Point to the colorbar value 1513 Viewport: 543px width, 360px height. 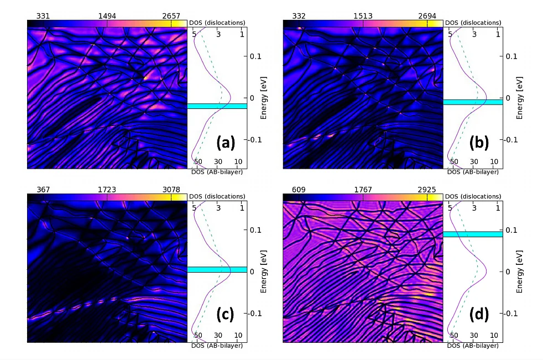[x=363, y=16]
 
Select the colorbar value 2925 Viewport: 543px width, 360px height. [x=427, y=189]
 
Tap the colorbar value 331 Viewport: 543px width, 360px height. [x=44, y=16]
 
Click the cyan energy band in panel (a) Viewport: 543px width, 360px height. [x=216, y=106]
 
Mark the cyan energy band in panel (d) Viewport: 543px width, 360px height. [x=472, y=234]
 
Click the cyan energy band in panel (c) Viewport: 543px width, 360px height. [x=216, y=269]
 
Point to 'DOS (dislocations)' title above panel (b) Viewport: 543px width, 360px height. [x=473, y=23]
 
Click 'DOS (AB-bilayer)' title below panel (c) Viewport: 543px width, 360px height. [x=217, y=346]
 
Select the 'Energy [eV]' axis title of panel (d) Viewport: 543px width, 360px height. [x=520, y=272]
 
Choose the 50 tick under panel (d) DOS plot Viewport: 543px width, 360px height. [x=454, y=336]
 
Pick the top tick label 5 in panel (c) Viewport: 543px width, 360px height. [x=195, y=207]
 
